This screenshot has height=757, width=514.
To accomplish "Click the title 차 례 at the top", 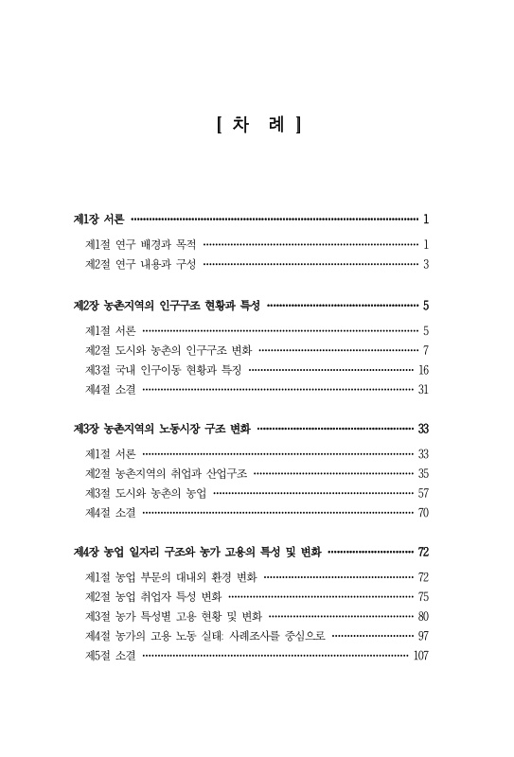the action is [x=257, y=123].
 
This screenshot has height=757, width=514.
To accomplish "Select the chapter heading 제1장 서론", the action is [x=99, y=219].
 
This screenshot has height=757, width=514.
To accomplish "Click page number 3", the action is [x=427, y=264].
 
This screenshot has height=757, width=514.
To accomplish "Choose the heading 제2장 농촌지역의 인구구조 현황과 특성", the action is [x=167, y=306].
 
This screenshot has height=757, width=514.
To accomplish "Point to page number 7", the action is [x=427, y=350].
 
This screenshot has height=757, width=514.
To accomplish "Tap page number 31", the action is [x=424, y=390].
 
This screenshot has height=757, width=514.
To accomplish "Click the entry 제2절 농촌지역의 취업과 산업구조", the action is [x=167, y=473].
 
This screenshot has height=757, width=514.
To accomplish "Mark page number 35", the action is [x=424, y=473].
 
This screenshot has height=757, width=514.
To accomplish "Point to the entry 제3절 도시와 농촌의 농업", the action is [x=147, y=493].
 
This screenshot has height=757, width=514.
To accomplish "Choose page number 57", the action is [x=424, y=493].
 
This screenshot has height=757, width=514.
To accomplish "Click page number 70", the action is [x=424, y=513].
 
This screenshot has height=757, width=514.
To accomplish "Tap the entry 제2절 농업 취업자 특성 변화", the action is [x=152, y=596].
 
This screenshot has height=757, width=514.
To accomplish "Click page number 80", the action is [x=424, y=616].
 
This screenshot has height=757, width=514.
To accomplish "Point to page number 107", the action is [x=421, y=656].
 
